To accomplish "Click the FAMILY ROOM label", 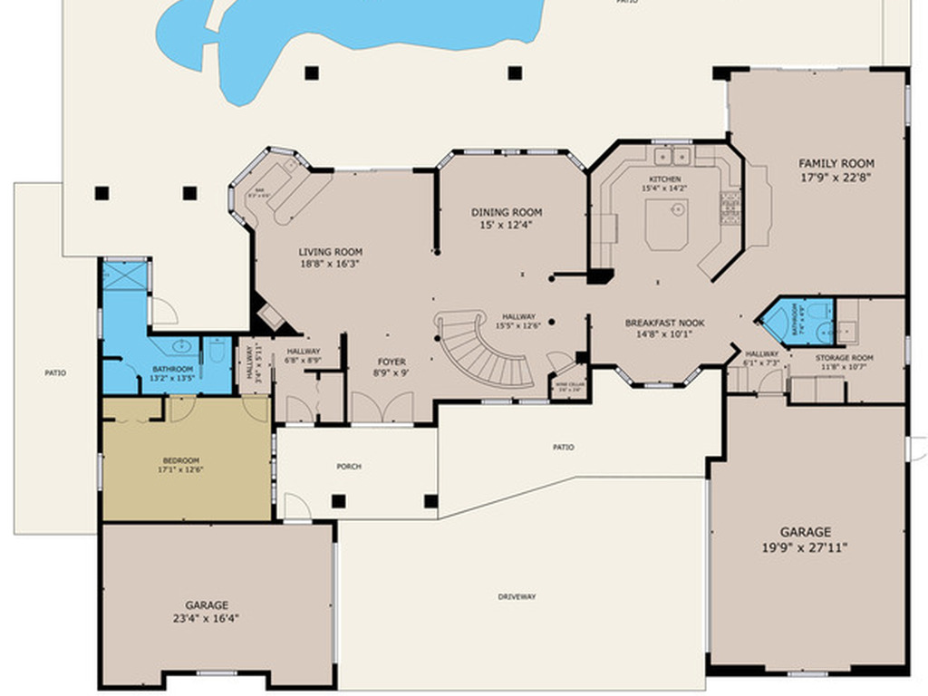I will [x=836, y=164].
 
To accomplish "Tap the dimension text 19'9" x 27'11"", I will [x=807, y=547].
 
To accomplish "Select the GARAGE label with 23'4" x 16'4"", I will [x=207, y=605].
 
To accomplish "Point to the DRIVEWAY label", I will [x=517, y=596].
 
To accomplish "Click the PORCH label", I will [x=349, y=467].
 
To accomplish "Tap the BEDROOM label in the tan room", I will [x=180, y=460].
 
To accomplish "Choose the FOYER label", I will [x=391, y=362].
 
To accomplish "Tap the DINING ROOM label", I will [x=507, y=213].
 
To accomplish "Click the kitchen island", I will [x=667, y=224].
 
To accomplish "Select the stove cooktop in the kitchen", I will [x=730, y=208].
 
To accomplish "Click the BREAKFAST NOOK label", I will [x=664, y=323].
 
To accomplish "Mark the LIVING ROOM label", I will [x=331, y=252].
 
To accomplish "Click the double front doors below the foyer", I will [x=382, y=407].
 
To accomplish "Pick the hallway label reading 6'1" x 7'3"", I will [x=761, y=354].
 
